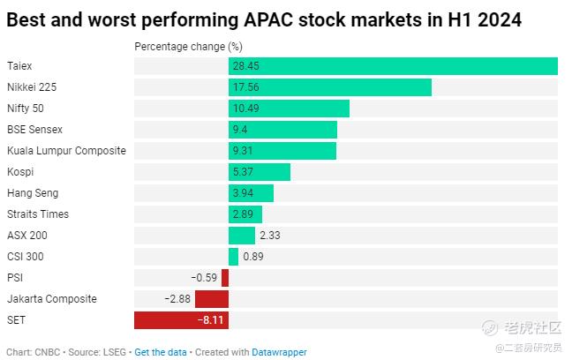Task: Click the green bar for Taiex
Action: [393, 66]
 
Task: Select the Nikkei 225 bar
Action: [330, 87]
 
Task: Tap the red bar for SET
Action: [181, 320]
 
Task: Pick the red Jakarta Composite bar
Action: [212, 299]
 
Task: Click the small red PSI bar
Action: [225, 278]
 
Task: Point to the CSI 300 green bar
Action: [233, 257]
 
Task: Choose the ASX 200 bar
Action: [242, 236]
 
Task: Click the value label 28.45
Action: [246, 66]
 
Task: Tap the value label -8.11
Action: [210, 320]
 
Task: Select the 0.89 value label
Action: [253, 257]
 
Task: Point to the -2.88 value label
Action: [177, 299]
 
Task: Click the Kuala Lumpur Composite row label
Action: [66, 151]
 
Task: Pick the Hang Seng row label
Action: [33, 193]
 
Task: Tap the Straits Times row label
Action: [38, 214]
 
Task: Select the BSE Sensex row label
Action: [34, 130]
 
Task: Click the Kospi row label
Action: [20, 172]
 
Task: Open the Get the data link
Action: [161, 352]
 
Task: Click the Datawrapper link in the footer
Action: [279, 352]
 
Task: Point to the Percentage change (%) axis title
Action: [188, 47]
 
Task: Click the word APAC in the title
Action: [268, 19]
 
